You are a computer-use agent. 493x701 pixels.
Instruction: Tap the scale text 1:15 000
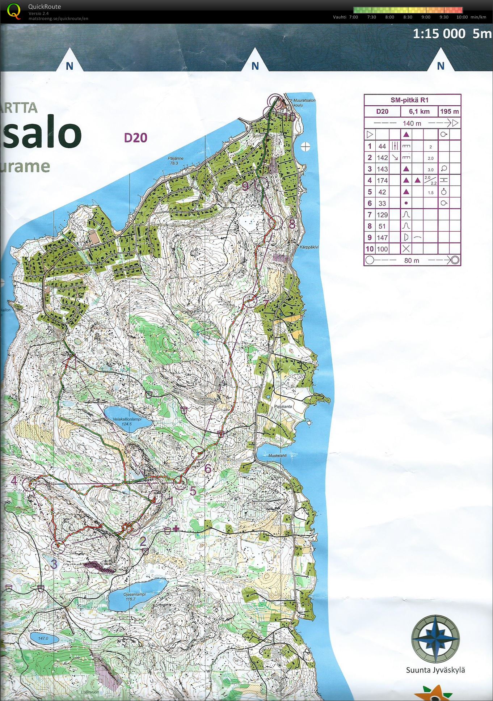pyautogui.click(x=439, y=34)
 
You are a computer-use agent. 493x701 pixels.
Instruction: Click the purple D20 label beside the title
pyautogui.click(x=135, y=138)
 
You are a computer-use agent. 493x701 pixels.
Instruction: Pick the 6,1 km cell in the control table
pyautogui.click(x=419, y=111)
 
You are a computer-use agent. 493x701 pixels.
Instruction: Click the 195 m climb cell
pyautogui.click(x=449, y=111)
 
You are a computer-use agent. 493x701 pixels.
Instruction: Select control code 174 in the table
pyautogui.click(x=382, y=180)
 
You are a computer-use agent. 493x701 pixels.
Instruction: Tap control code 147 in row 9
pyautogui.click(x=382, y=237)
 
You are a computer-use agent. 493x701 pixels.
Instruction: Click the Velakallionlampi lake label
pyautogui.click(x=127, y=419)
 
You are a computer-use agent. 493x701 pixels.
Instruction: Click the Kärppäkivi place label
pyautogui.click(x=309, y=247)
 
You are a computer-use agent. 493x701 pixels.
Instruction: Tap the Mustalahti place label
pyautogui.click(x=278, y=456)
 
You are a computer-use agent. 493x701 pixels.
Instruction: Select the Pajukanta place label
pyautogui.click(x=283, y=406)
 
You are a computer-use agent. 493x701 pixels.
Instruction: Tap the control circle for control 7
pyautogui.click(x=250, y=300)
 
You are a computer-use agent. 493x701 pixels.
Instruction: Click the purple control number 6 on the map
pyautogui.click(x=208, y=469)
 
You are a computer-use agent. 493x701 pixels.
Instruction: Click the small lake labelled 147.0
pyautogui.click(x=43, y=638)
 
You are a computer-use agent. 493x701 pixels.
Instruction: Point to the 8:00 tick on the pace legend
pyautogui.click(x=389, y=17)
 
